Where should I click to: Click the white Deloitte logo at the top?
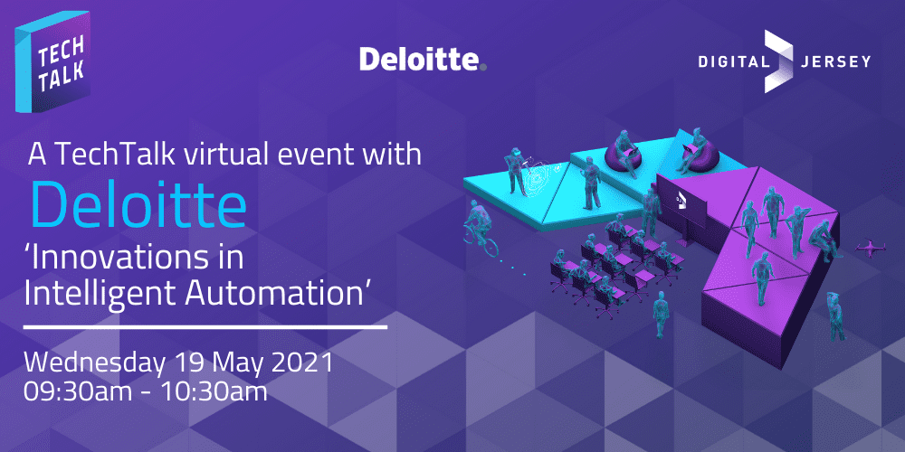[423, 59]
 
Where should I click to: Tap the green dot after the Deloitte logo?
[483, 67]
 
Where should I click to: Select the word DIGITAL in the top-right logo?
[732, 61]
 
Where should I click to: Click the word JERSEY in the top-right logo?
[835, 61]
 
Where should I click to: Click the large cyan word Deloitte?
[138, 203]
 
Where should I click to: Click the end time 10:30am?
[214, 391]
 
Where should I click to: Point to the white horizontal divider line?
[205, 327]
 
